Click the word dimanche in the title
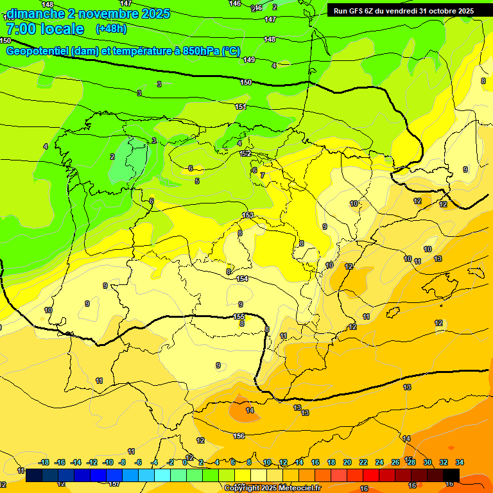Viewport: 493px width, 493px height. pyautogui.click(x=35, y=13)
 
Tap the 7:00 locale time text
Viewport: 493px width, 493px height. pyautogui.click(x=45, y=29)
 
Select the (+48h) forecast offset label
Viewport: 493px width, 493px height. pyautogui.click(x=111, y=29)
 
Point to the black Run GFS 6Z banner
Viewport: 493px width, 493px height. pyautogui.click(x=404, y=10)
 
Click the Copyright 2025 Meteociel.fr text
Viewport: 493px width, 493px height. pyautogui.click(x=272, y=488)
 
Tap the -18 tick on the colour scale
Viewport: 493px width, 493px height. pyautogui.click(x=44, y=462)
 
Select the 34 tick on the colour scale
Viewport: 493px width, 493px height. pyautogui.click(x=460, y=462)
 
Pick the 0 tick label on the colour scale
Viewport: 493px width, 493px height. pyautogui.click(x=185, y=462)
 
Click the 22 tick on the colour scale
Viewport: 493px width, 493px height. pyautogui.click(x=363, y=462)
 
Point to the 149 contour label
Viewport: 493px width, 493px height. pyautogui.click(x=249, y=60)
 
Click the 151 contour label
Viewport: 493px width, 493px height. pyautogui.click(x=241, y=107)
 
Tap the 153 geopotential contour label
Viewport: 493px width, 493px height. pyautogui.click(x=248, y=215)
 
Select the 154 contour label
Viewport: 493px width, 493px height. pyautogui.click(x=242, y=279)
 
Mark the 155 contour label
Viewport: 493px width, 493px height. pyautogui.click(x=239, y=317)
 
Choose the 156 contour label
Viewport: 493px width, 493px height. pyautogui.click(x=239, y=436)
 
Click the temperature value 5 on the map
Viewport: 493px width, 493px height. pyautogui.click(x=197, y=182)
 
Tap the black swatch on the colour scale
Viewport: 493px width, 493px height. pyautogui.click(x=451, y=475)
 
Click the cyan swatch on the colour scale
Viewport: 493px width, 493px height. pyautogui.click(x=162, y=475)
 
